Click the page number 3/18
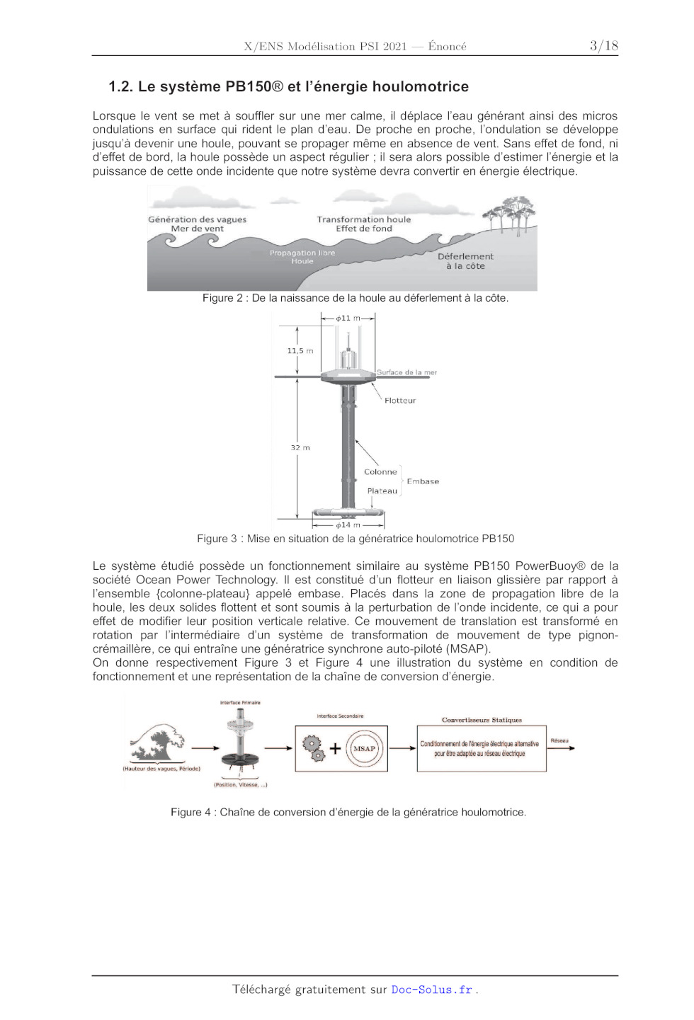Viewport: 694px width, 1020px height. click(603, 46)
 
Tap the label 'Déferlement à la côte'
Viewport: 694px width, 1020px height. click(465, 261)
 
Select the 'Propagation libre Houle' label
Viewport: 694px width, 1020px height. click(302, 257)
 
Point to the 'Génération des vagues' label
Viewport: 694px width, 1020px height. click(197, 219)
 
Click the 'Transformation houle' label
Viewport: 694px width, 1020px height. click(363, 219)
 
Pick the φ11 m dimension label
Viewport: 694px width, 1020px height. click(348, 319)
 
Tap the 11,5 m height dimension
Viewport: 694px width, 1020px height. click(300, 351)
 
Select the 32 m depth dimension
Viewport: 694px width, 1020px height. click(300, 448)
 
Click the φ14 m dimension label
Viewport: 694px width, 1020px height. click(348, 525)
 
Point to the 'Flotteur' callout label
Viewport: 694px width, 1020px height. click(400, 401)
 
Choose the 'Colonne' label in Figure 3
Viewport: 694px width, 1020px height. click(380, 472)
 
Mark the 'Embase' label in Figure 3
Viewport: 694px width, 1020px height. click(423, 481)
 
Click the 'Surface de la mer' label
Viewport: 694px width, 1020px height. click(406, 372)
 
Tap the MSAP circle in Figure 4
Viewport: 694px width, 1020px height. click(364, 748)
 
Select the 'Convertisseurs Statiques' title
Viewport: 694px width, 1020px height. click(482, 720)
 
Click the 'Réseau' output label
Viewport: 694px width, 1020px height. click(559, 741)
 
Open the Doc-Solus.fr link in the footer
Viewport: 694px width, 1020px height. click(431, 990)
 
